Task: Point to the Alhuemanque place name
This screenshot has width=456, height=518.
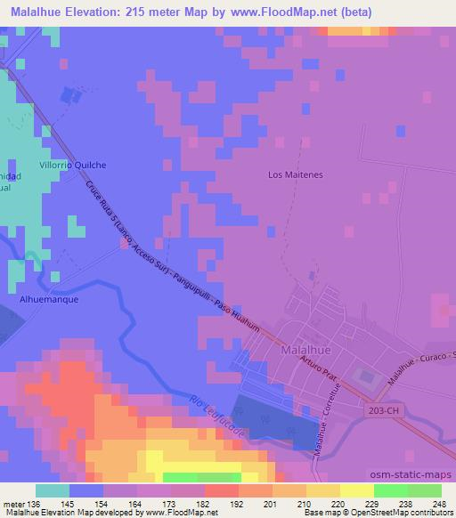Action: point(50,300)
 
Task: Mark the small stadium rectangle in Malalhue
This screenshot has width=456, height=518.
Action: point(365,376)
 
